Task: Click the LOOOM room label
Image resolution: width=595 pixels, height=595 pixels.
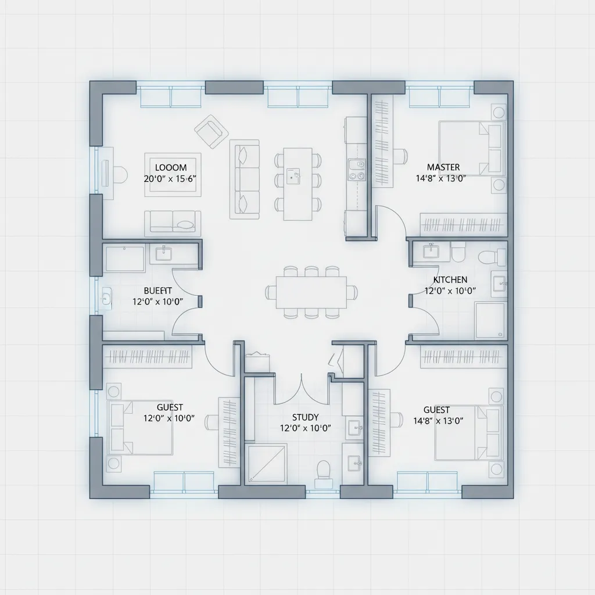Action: [x=171, y=167]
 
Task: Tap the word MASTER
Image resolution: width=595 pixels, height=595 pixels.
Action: [x=443, y=167]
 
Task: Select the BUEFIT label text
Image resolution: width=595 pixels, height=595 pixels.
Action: [x=157, y=290]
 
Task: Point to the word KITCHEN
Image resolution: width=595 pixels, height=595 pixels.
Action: [x=450, y=279]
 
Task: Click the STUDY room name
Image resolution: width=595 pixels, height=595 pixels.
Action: [x=305, y=417]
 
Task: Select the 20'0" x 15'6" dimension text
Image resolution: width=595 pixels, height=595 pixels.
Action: [x=170, y=179]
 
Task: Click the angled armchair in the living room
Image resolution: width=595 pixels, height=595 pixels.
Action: [x=211, y=131]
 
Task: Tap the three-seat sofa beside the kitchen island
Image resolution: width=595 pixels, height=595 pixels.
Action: [x=245, y=179]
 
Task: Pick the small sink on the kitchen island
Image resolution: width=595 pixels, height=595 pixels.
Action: [x=294, y=174]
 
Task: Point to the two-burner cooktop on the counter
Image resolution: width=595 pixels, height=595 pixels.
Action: [x=356, y=169]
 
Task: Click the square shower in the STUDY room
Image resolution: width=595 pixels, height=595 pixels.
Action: [x=266, y=463]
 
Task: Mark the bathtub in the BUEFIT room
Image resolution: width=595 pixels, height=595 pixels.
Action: [x=125, y=258]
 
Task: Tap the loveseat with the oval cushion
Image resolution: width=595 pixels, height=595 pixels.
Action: [x=173, y=223]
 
